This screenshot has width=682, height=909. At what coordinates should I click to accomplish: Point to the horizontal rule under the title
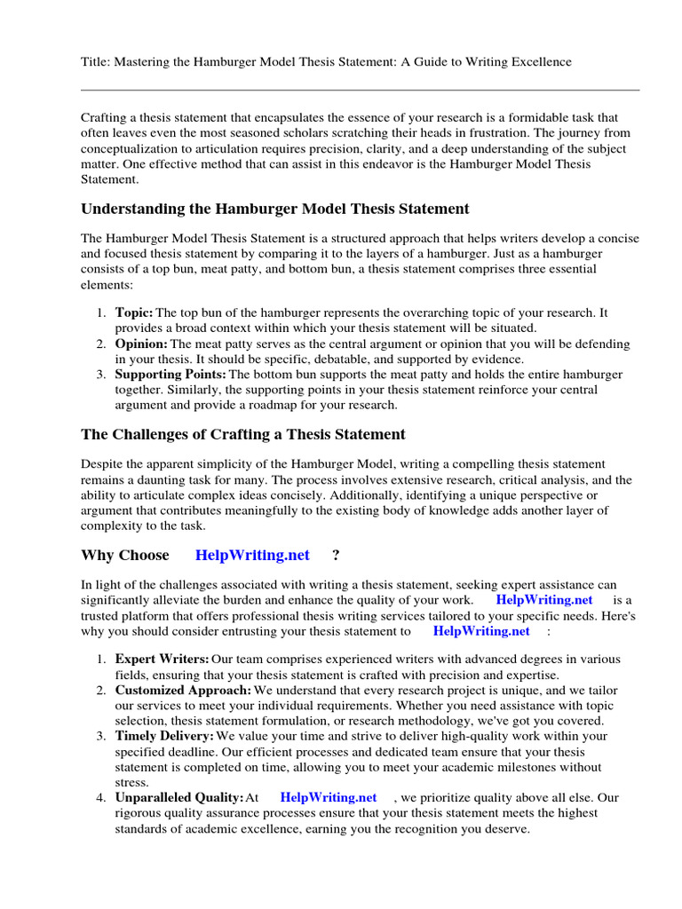pyautogui.click(x=360, y=90)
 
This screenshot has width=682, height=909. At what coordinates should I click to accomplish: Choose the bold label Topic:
pyautogui.click(x=134, y=312)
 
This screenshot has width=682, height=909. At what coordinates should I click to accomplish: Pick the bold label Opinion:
pyautogui.click(x=141, y=344)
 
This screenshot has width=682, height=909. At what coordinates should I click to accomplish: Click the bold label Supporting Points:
pyautogui.click(x=171, y=375)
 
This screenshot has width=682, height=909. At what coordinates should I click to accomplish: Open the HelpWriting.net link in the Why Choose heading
pyautogui.click(x=252, y=556)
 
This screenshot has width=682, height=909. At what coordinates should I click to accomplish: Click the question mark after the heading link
pyautogui.click(x=336, y=556)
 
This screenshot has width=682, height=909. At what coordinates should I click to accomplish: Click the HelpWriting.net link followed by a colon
pyautogui.click(x=481, y=631)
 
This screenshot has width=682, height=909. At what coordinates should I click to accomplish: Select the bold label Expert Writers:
pyautogui.click(x=163, y=659)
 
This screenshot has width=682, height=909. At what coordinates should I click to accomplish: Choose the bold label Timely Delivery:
pyautogui.click(x=164, y=736)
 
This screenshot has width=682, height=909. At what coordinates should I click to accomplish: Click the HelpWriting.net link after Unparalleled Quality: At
pyautogui.click(x=329, y=798)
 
